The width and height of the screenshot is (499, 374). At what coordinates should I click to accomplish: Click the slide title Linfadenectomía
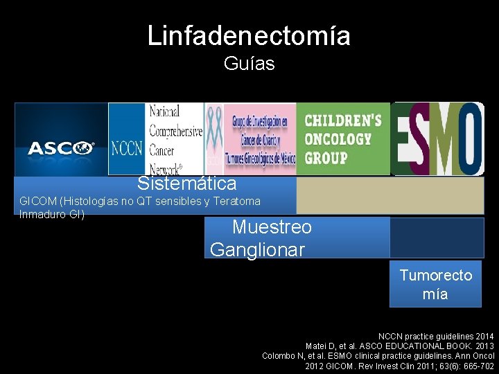(x=249, y=35)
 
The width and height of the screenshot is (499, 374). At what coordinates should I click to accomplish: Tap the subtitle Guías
(x=249, y=64)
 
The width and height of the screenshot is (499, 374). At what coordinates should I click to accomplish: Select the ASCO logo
(x=61, y=148)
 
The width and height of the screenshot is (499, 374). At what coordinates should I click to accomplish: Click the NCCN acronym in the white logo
(x=128, y=148)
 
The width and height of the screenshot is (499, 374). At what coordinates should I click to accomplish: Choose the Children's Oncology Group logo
(x=343, y=139)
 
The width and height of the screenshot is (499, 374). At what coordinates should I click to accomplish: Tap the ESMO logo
(x=437, y=139)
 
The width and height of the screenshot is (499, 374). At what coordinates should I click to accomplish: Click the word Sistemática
(x=186, y=184)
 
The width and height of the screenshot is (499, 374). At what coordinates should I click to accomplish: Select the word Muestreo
(x=272, y=227)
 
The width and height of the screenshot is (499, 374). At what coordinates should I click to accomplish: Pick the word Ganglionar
(x=257, y=250)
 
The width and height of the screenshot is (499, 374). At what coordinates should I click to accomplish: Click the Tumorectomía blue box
(x=435, y=284)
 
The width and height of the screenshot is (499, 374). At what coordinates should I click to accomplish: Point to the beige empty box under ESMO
(x=390, y=196)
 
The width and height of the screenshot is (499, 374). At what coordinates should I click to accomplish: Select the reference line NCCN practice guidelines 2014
(x=436, y=336)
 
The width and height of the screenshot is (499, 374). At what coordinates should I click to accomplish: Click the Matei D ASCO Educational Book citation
(x=400, y=346)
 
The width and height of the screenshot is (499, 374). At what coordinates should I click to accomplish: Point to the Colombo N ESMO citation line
(x=378, y=355)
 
